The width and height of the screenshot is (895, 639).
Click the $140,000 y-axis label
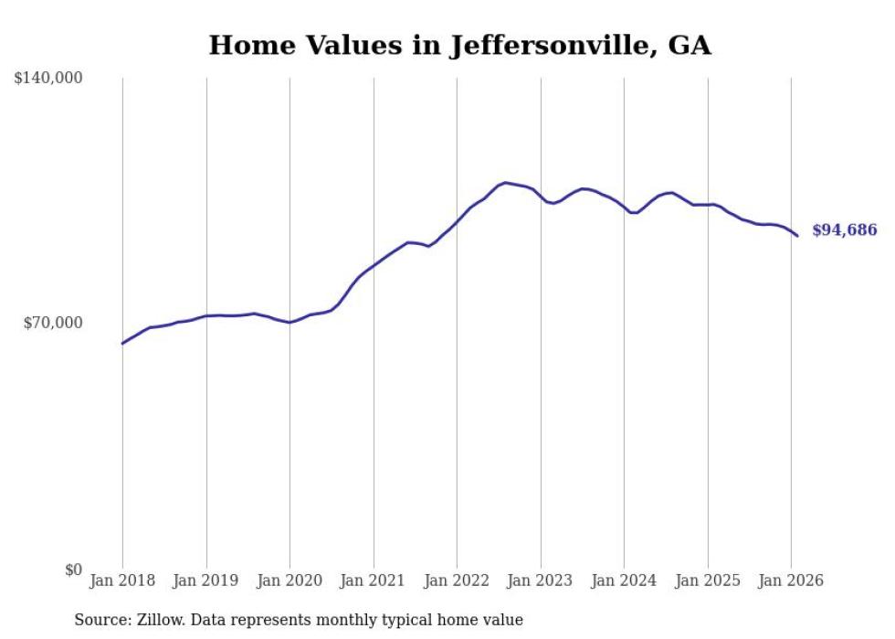click(x=48, y=79)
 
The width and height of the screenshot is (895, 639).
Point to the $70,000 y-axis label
click(x=53, y=323)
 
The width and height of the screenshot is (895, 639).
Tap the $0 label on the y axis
click(x=73, y=569)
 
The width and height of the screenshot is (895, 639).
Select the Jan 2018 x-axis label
click(x=122, y=580)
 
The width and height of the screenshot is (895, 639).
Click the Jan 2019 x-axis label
click(x=206, y=580)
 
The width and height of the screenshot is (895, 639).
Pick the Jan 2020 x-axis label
click(x=290, y=580)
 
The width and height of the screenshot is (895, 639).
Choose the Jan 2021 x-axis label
click(x=374, y=580)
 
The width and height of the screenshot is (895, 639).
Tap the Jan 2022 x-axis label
click(x=457, y=580)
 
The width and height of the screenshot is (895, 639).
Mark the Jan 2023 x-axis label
click(x=541, y=580)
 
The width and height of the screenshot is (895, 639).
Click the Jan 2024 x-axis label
click(x=624, y=580)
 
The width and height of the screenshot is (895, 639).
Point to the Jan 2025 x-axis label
click(x=708, y=580)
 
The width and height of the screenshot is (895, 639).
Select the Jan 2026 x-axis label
click(x=791, y=580)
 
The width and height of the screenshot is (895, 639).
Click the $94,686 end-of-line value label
click(x=844, y=230)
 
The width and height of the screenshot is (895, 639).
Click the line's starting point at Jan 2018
click(x=122, y=344)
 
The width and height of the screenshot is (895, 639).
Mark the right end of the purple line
click(x=797, y=236)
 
